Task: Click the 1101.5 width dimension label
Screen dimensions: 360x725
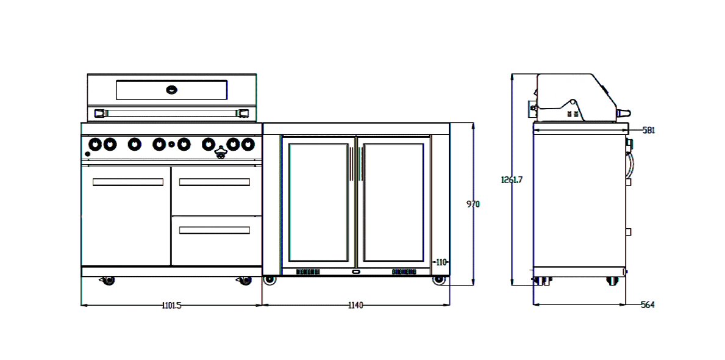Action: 171,305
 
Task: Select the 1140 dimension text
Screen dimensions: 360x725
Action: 355,305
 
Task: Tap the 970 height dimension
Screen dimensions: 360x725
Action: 473,204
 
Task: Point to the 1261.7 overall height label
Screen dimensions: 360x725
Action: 512,180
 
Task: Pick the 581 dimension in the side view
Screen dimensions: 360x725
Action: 648,130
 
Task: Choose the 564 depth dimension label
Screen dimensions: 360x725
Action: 648,305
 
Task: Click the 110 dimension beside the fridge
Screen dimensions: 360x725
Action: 441,262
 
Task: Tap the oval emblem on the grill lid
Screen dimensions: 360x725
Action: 172,90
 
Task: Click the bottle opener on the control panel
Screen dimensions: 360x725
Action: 220,153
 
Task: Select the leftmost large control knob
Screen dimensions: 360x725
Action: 96,144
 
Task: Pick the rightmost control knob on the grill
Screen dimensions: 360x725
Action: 247,144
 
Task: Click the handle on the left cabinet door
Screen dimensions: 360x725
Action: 127,182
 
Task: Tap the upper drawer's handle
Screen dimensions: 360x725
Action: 215,182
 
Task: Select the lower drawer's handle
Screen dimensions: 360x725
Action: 215,230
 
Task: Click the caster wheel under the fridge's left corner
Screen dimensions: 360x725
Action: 269,279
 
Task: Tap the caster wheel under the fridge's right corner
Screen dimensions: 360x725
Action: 438,279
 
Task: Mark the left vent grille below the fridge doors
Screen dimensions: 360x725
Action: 308,272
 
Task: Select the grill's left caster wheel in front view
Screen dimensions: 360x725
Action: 108,280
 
